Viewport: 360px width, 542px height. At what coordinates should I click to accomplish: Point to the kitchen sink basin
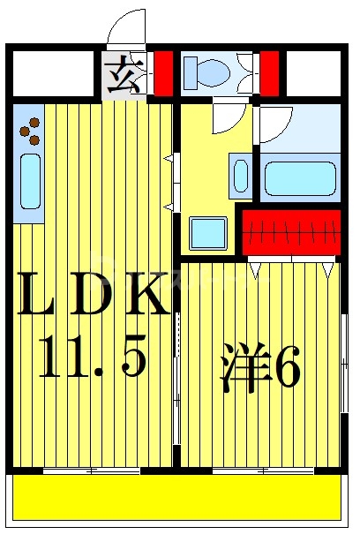click(29, 182)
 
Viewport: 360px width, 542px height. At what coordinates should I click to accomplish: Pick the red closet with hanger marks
click(291, 232)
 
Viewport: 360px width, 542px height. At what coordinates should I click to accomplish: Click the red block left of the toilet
click(162, 72)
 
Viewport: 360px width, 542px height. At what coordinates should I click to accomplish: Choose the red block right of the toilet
click(269, 72)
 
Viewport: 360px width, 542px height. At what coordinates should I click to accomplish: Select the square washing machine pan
click(209, 233)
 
